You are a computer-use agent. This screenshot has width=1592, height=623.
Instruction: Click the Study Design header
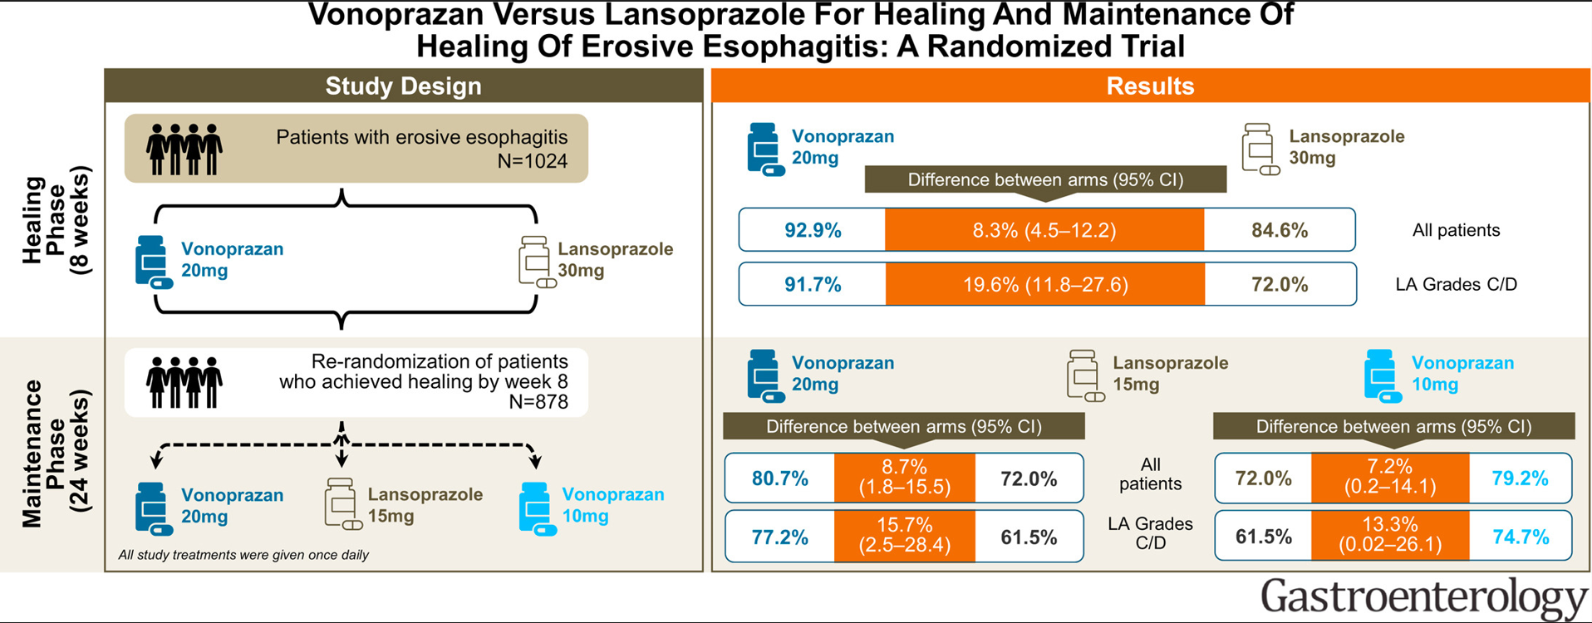(403, 86)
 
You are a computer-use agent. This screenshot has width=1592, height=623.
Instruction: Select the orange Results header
(1150, 86)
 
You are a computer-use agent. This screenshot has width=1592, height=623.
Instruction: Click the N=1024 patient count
(532, 161)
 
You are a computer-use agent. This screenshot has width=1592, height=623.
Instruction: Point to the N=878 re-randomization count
(538, 403)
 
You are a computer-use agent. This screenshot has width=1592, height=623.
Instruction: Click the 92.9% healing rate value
(813, 230)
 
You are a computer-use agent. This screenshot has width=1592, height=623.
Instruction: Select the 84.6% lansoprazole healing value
(1280, 230)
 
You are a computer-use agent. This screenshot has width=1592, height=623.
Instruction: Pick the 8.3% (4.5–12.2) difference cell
(1044, 230)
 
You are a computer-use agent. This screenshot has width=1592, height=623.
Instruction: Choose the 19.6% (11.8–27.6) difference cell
(1045, 285)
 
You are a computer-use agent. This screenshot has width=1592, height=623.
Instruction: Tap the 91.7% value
(813, 285)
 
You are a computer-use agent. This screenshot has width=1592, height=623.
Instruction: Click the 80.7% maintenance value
(779, 478)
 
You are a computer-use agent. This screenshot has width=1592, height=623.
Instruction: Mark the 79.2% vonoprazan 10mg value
(1520, 478)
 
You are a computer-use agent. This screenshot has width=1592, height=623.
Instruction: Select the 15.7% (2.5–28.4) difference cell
(904, 536)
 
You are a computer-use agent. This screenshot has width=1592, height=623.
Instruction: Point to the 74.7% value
(1520, 537)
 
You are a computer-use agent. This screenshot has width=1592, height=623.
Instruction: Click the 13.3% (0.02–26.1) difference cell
(1390, 536)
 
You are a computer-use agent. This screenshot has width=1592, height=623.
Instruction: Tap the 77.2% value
(779, 537)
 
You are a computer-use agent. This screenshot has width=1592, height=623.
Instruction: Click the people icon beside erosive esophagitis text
(184, 150)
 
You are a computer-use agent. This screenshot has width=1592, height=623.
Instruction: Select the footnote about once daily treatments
(243, 555)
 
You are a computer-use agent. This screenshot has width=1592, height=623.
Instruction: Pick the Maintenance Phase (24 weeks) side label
(56, 453)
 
